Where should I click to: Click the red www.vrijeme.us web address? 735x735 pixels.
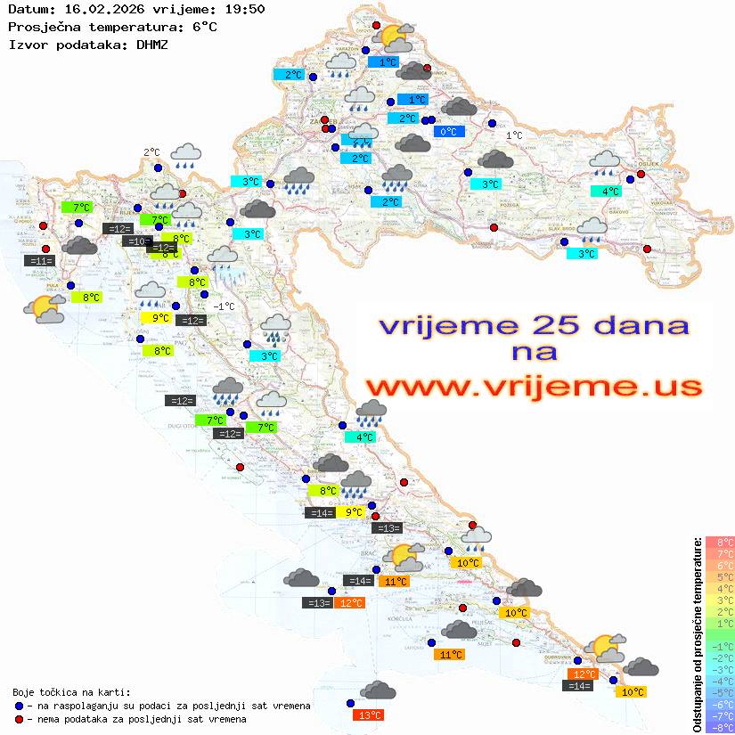tap(534, 387)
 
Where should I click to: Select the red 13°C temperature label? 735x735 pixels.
tap(368, 715)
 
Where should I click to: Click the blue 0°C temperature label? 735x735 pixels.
tap(449, 132)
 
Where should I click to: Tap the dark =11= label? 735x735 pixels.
tap(40, 261)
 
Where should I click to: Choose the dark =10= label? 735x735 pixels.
tap(137, 241)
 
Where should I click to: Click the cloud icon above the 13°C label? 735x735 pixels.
tap(379, 690)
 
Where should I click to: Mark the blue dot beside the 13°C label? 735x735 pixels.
tap(350, 704)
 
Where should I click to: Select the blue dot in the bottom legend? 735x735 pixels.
tap(19, 706)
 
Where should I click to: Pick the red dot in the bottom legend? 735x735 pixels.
tap(19, 719)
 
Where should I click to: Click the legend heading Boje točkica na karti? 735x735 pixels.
tap(71, 691)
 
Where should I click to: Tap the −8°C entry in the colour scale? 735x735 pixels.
tap(719, 728)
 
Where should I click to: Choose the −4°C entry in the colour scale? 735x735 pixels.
tap(719, 682)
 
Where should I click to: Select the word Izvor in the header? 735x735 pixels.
tap(26, 44)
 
